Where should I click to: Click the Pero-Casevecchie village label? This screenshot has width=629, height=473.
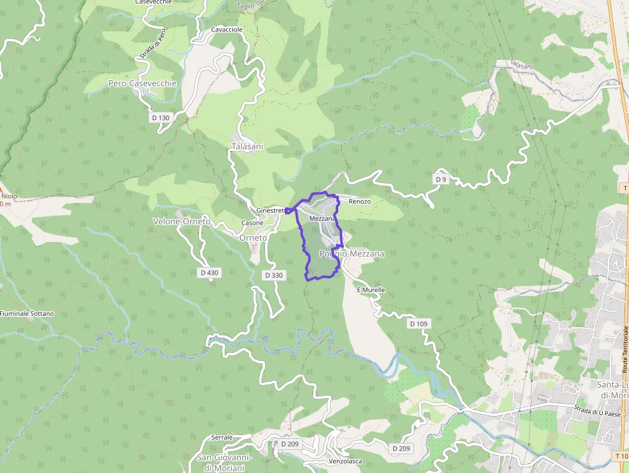click(133, 83)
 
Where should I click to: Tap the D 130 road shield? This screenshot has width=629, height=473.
click(161, 118)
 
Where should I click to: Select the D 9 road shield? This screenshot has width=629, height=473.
click(440, 179)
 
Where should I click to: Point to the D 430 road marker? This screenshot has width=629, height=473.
click(209, 273)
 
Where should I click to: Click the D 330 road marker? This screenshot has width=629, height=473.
click(273, 275)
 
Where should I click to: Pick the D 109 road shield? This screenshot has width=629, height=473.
click(418, 324)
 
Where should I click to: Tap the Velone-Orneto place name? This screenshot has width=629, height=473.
click(182, 221)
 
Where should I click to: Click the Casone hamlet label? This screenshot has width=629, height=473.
click(252, 223)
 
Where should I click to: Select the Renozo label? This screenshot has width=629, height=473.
click(359, 202)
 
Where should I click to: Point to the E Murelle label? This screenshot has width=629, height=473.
click(370, 290)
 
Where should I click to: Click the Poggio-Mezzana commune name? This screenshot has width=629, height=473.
click(352, 254)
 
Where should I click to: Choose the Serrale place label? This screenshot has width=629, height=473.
click(222, 438)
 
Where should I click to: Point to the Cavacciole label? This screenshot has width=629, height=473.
click(227, 30)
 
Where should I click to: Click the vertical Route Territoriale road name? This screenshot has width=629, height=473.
click(625, 350)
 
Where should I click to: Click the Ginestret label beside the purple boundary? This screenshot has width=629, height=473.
click(270, 211)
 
